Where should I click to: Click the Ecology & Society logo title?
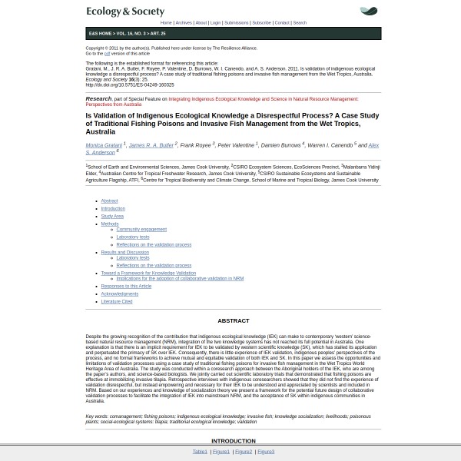(125, 12)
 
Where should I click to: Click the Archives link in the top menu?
(184, 23)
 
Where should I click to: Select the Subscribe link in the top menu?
(261, 23)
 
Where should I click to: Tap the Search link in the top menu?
(299, 23)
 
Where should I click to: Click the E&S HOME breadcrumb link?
(101, 34)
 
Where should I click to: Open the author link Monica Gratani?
(104, 145)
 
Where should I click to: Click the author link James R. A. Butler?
(151, 145)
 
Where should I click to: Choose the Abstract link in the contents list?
(109, 201)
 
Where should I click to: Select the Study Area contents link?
(112, 216)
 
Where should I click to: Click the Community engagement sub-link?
(141, 230)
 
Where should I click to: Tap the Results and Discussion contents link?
(125, 252)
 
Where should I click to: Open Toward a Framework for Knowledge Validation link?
(148, 273)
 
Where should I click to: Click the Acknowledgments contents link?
(120, 294)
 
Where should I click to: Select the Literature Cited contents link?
(117, 301)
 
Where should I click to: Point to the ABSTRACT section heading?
(234, 320)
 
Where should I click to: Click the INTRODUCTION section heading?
(234, 441)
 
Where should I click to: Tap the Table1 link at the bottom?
(200, 452)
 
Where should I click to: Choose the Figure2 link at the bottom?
(243, 452)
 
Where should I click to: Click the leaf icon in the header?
(369, 12)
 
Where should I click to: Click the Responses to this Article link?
(126, 286)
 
